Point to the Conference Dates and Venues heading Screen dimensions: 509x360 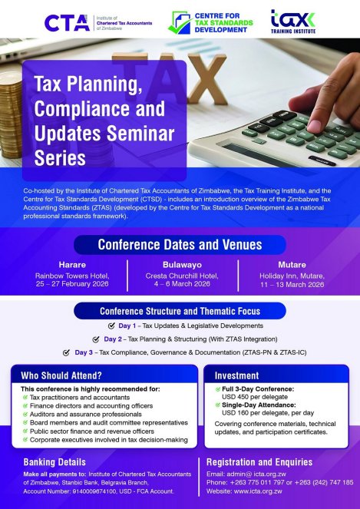[x=180, y=245]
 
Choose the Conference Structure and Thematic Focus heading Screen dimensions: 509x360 [x=180, y=311]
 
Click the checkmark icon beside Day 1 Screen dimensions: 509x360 [x=112, y=326]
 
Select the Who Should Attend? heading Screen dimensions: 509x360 [x=61, y=375]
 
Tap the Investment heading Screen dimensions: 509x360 [x=231, y=375]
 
